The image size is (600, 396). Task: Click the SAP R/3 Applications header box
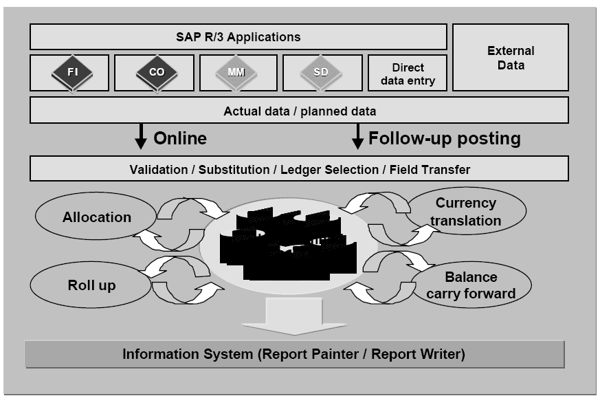click(238, 36)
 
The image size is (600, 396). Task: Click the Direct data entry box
click(408, 74)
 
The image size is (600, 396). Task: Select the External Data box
click(511, 58)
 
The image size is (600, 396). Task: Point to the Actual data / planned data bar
click(300, 111)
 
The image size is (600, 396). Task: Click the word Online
click(180, 138)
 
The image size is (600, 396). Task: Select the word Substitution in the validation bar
click(236, 169)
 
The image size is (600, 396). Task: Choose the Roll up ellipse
click(91, 285)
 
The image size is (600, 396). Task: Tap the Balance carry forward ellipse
click(471, 285)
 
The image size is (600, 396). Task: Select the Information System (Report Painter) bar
click(294, 355)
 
